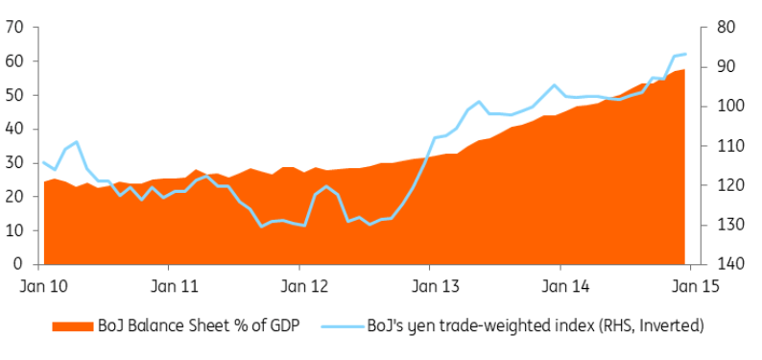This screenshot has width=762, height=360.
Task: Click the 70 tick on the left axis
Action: tap(15, 27)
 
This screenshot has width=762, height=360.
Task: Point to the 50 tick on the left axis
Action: tap(15, 95)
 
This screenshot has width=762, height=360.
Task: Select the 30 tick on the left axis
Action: tap(15, 163)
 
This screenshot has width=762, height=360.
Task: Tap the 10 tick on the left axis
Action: tap(15, 230)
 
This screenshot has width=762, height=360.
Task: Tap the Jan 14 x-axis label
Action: tap(560, 285)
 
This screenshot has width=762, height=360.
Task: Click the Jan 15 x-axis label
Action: tap(689, 285)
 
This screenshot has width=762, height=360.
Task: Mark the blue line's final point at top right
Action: tap(685, 54)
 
